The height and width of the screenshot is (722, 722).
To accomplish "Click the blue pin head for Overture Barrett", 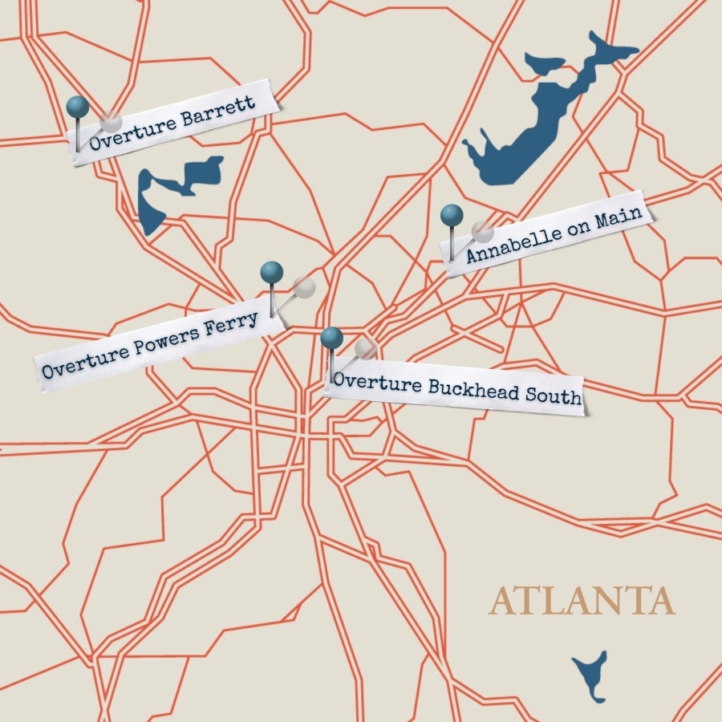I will pos(77,106).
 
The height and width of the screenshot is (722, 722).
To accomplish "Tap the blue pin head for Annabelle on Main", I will pos(452,215).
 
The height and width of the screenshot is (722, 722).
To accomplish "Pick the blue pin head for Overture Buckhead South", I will pos(332,339).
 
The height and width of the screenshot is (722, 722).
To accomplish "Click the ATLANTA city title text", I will pos(582,602).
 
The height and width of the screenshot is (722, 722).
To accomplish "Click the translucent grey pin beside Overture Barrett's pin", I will pos(111,122).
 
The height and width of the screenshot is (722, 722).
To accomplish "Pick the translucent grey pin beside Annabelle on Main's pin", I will pos(482,231).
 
